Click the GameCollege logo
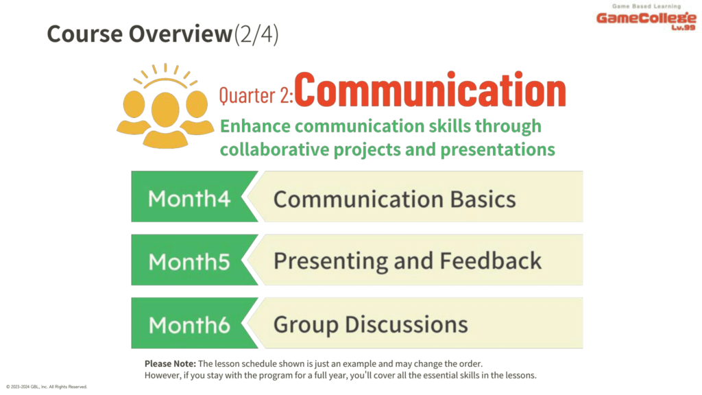[646, 17]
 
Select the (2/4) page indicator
[256, 34]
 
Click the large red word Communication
[430, 90]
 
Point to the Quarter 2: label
[256, 95]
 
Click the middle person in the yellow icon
[165, 120]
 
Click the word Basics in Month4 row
[483, 199]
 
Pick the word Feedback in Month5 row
[490, 261]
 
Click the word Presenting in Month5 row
[331, 262]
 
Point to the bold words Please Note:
[170, 363]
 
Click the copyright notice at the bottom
[47, 387]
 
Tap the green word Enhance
[255, 126]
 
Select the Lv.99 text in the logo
[683, 27]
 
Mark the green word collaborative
[274, 149]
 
